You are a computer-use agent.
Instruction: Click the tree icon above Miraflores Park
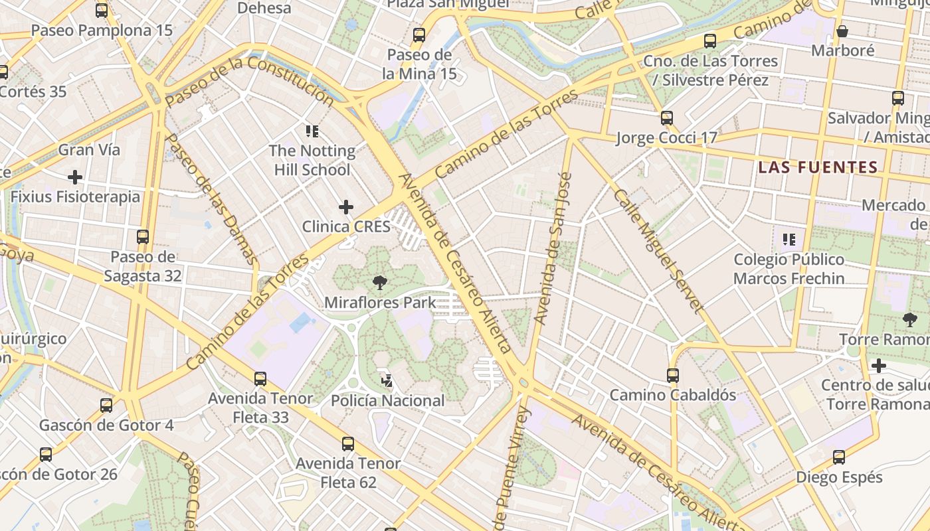pyautogui.click(x=380, y=283)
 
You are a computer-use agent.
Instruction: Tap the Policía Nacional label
pyautogui.click(x=387, y=400)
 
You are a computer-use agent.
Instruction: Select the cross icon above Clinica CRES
pyautogui.click(x=346, y=207)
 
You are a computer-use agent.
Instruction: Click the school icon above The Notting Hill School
pyautogui.click(x=312, y=131)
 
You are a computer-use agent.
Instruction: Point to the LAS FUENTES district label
pyautogui.click(x=818, y=167)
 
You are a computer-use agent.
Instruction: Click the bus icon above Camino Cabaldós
pyautogui.click(x=673, y=376)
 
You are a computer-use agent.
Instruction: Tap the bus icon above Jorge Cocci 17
pyautogui.click(x=667, y=118)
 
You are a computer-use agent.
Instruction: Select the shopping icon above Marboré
pyautogui.click(x=842, y=31)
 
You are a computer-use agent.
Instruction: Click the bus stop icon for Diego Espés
pyautogui.click(x=839, y=457)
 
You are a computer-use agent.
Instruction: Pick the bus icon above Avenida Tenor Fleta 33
pyautogui.click(x=260, y=379)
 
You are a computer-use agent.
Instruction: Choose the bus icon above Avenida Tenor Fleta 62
pyautogui.click(x=348, y=444)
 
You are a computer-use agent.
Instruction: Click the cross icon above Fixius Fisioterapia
pyautogui.click(x=75, y=177)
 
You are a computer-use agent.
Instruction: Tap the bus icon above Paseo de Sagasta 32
pyautogui.click(x=143, y=236)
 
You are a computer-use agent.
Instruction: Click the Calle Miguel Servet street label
pyautogui.click(x=658, y=251)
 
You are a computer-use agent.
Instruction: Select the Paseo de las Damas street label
pyautogui.click(x=211, y=199)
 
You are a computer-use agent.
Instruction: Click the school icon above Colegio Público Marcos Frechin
pyautogui.click(x=789, y=239)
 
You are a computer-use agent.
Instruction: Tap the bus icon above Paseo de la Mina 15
pyautogui.click(x=419, y=35)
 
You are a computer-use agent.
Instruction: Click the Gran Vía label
pyautogui.click(x=89, y=149)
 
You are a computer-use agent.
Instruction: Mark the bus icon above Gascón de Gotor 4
pyautogui.click(x=106, y=405)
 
